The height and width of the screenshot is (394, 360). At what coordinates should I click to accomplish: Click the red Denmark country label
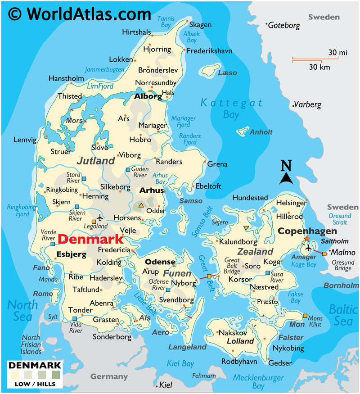click(90, 239)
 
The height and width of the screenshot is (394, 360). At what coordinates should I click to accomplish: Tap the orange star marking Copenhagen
click(307, 239)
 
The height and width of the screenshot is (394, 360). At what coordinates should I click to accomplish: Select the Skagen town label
click(200, 25)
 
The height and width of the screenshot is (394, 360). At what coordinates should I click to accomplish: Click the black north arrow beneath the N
click(286, 179)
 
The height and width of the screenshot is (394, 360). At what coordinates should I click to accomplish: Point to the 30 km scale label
click(319, 68)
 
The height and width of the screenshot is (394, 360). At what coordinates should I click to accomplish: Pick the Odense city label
click(160, 262)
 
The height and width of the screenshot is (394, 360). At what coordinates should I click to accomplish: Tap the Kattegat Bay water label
click(231, 109)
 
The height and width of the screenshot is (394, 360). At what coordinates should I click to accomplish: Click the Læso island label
click(227, 72)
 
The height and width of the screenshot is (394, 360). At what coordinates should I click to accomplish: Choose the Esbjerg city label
click(71, 254)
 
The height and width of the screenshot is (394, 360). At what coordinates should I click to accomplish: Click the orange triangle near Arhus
click(141, 206)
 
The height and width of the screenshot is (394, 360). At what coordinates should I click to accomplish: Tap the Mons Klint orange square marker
click(306, 316)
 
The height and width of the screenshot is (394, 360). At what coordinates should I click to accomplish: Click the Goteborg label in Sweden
click(284, 26)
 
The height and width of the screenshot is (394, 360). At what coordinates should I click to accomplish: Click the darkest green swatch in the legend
click(55, 374)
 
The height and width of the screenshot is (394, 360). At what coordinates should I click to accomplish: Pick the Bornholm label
click(341, 285)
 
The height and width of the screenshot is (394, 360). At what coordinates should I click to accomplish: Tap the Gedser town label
click(280, 362)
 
